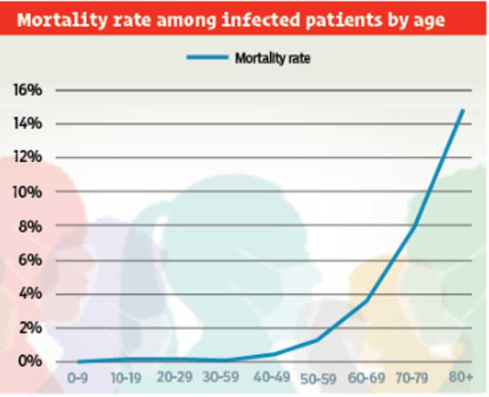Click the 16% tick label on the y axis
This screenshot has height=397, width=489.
click(28, 90)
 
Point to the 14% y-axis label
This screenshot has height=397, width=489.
click(28, 124)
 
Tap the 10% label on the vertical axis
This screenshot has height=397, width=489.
click(28, 192)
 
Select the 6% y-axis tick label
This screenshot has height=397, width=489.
click(30, 260)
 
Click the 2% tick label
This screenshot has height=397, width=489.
click(30, 328)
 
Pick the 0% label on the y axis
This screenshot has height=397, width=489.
click(30, 362)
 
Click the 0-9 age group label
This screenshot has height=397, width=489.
click(77, 378)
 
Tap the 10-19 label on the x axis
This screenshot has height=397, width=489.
click(127, 378)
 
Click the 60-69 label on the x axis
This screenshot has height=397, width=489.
click(367, 378)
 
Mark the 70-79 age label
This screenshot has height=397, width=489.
click(414, 378)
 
